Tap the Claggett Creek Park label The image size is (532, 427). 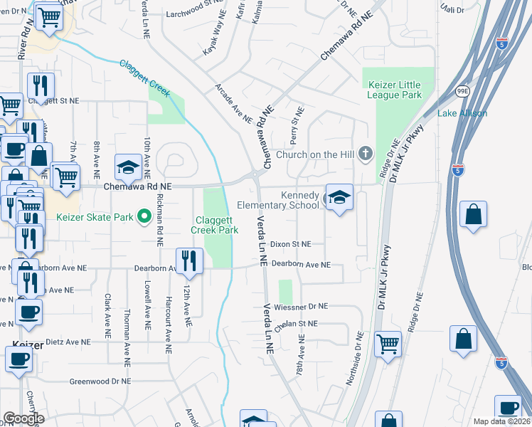click(x=214, y=226)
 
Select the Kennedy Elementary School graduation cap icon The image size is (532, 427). click(x=339, y=198)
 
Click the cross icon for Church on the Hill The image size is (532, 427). click(x=365, y=154)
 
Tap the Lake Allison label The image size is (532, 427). click(x=462, y=113)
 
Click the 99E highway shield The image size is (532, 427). click(x=462, y=92)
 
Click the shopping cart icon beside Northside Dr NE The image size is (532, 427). click(x=388, y=344)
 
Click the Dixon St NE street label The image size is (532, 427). click(x=291, y=243)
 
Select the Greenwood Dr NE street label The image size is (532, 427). click(x=100, y=381)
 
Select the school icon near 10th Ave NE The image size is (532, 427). click(x=129, y=167)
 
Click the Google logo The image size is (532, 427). click(x=24, y=418)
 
